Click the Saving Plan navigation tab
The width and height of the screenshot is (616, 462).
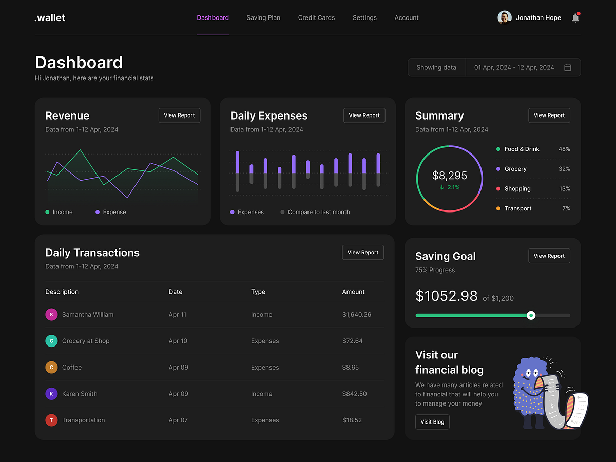[263, 17]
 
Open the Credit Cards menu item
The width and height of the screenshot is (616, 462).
[316, 17]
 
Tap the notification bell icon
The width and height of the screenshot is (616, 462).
[575, 18]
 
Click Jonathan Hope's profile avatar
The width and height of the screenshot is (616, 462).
[505, 17]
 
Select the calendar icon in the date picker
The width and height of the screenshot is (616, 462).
[568, 67]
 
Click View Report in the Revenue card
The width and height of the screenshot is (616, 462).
[179, 115]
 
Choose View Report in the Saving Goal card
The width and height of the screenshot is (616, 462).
[549, 256]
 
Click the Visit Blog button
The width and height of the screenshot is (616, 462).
[432, 422]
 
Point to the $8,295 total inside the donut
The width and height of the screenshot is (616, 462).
[450, 176]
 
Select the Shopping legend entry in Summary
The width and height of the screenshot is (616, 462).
[517, 189]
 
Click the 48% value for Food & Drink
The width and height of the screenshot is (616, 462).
[564, 149]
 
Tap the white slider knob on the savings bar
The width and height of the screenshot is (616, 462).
[531, 315]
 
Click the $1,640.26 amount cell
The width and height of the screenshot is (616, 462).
[356, 315]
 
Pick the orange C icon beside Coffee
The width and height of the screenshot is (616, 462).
[51, 368]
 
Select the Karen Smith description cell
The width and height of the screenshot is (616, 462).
[80, 394]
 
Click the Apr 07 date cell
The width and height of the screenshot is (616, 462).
[178, 420]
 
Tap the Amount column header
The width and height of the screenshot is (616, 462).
[353, 292]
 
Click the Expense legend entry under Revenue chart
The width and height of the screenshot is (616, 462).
[114, 212]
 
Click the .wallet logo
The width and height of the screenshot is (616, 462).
[50, 18]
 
